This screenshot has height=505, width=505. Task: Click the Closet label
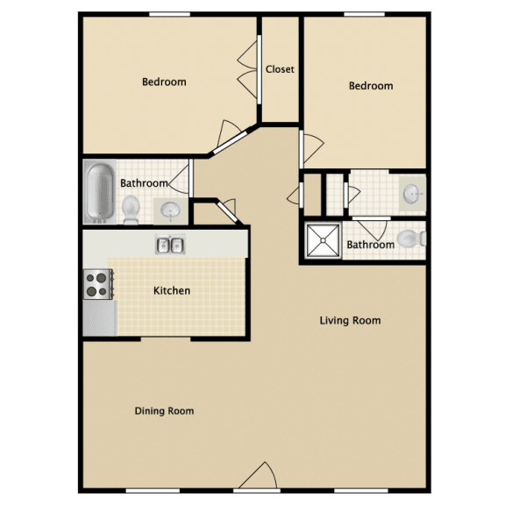pos(280,69)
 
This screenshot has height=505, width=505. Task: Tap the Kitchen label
pos(172,290)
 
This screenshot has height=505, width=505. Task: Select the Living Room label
pos(350,321)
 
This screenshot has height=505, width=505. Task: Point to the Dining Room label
pos(164,411)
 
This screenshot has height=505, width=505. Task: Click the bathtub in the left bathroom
pos(100,192)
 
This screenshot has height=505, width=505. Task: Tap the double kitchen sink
pos(170,245)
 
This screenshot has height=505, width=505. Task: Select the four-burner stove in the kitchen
pos(98,284)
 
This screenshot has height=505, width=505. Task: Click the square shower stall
pos(323,240)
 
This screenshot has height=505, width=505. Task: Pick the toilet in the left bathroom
pos(131,210)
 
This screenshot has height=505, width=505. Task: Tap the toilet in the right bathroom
pos(411,238)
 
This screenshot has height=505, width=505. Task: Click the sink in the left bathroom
pos(170,211)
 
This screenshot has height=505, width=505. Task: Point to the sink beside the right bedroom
pos(413,194)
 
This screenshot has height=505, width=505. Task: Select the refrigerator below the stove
pos(100,318)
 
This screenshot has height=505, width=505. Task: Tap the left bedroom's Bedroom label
pos(164,82)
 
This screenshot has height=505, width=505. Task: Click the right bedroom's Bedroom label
pos(371,86)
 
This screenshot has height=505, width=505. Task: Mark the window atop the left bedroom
pos(170,14)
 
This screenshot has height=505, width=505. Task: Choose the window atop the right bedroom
pos(364,14)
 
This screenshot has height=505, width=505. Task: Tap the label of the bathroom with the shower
pos(371,245)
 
